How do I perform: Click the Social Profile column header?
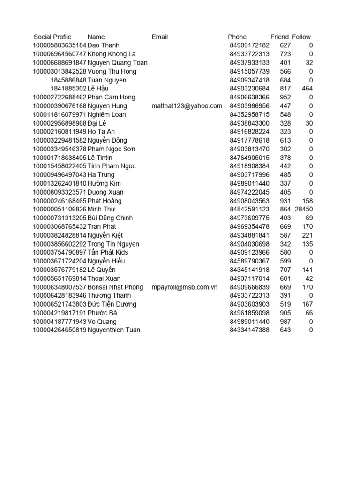[52, 37]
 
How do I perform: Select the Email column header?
[160, 37]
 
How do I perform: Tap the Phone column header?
[237, 37]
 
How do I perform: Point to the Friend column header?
[280, 37]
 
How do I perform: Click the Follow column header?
[301, 37]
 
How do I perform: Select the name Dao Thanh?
[104, 45]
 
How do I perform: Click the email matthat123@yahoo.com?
[187, 106]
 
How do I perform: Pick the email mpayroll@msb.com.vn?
[185, 287]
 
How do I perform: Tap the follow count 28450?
[304, 209]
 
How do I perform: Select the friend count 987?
[285, 322]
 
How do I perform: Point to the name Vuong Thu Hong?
[112, 71]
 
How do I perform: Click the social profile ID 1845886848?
[68, 80]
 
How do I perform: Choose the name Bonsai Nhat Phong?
[115, 287]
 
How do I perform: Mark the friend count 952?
[285, 97]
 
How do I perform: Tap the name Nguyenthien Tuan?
[114, 330]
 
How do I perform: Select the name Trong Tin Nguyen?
[113, 244]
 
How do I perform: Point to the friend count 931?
[285, 201]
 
